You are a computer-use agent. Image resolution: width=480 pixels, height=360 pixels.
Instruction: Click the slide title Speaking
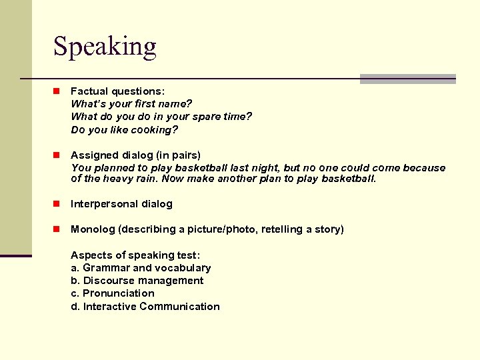(105, 47)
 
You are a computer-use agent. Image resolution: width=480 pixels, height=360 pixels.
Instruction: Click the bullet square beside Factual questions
(58, 91)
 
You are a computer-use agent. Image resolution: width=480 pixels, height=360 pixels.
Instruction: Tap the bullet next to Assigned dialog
(58, 155)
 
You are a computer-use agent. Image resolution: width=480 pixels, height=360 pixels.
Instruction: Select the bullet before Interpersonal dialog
(58, 204)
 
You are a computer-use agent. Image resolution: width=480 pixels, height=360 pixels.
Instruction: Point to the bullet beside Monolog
(58, 229)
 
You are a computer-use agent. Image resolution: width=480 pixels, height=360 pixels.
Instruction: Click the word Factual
(89, 91)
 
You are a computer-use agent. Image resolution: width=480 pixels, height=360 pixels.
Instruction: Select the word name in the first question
(175, 103)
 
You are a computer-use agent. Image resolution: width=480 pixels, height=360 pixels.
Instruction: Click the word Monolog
(93, 229)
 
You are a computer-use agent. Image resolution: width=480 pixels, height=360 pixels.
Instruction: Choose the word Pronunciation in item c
(118, 293)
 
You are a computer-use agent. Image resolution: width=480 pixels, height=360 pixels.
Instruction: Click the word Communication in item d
(179, 307)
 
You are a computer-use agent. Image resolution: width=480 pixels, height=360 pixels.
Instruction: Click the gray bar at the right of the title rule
(407, 79)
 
